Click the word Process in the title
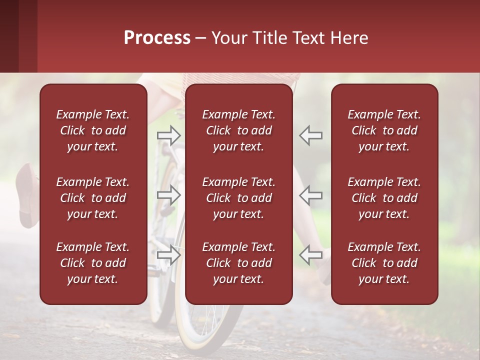tap(157, 38)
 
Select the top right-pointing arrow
tap(168, 135)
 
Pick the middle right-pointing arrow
tap(168, 195)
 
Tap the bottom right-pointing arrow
tap(168, 254)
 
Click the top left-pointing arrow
tap(310, 135)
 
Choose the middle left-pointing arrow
tap(310, 195)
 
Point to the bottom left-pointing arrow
tap(310, 254)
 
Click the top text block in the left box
tap(93, 130)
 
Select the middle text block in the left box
tap(93, 198)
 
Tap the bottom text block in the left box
tap(93, 263)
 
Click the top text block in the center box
tap(239, 130)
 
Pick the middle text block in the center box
tap(239, 198)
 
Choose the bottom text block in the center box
tap(239, 263)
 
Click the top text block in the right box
tap(384, 130)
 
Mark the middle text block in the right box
tap(384, 198)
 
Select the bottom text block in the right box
tap(384, 263)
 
